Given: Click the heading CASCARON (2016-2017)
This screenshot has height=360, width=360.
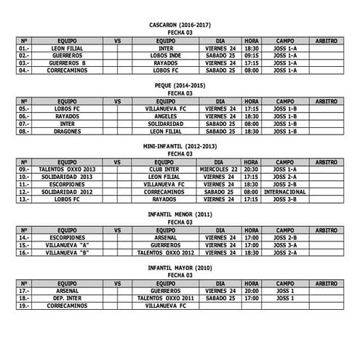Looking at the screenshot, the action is tap(180, 25).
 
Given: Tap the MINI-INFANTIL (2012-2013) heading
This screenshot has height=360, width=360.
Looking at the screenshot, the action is tap(180, 147).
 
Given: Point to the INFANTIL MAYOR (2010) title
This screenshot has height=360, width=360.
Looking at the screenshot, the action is tap(180, 268).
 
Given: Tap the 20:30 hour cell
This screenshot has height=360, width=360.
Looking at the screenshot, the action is tap(252, 169).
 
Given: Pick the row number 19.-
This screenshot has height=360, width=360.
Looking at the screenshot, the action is tap(24, 306).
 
